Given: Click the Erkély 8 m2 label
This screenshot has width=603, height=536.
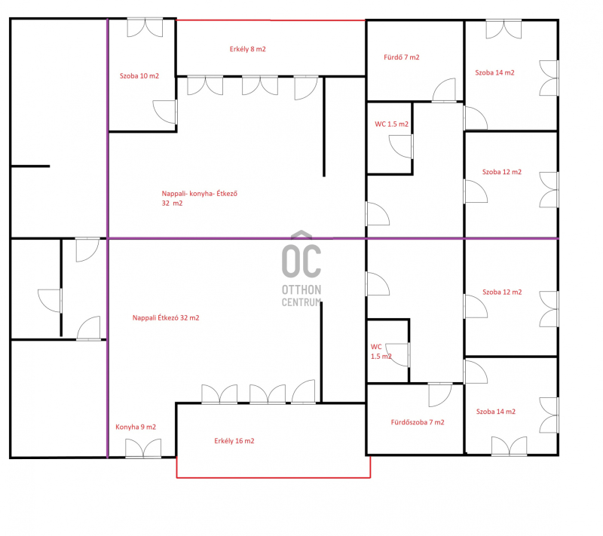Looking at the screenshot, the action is click(x=248, y=49).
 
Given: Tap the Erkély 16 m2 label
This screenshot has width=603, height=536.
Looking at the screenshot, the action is click(x=234, y=441).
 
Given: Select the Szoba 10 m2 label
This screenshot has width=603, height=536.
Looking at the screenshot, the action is click(x=139, y=76).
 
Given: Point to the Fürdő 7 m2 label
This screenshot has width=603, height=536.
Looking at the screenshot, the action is click(x=402, y=57).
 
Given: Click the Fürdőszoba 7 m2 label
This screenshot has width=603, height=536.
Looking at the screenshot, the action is click(x=418, y=422).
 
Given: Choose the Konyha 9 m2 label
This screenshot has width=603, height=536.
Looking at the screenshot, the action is click(x=136, y=427).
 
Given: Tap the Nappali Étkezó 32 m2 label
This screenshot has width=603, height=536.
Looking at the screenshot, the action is click(x=166, y=317).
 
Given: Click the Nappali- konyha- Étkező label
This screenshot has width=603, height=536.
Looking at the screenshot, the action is click(x=200, y=194).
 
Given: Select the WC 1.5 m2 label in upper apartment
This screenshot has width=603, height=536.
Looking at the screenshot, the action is click(x=391, y=124).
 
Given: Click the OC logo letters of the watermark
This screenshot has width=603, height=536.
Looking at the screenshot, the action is click(x=301, y=261).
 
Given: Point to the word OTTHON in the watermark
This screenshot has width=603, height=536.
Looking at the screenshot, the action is click(x=301, y=289).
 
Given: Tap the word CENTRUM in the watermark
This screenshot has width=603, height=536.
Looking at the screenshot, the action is click(x=301, y=302).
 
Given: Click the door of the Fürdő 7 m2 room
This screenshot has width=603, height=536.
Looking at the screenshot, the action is click(x=444, y=90).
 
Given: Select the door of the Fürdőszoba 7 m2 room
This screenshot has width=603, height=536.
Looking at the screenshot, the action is click(x=440, y=395).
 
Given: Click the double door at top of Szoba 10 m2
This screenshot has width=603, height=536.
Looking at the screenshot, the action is click(x=145, y=27).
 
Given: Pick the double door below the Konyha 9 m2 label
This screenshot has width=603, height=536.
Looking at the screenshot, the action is click(x=143, y=449).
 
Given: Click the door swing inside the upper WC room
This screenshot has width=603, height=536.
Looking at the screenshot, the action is click(x=401, y=146).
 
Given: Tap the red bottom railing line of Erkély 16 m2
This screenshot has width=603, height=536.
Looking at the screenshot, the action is click(x=274, y=477).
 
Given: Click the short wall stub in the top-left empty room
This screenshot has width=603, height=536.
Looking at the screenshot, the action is click(x=30, y=166).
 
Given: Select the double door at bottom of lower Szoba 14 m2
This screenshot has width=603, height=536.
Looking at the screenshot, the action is click(x=510, y=446).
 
